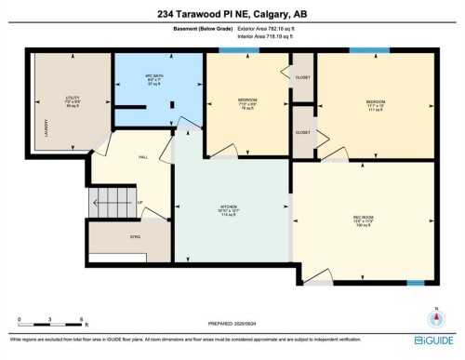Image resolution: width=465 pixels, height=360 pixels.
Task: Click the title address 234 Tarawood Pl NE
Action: (232, 13)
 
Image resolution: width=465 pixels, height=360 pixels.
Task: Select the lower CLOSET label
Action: (303, 133)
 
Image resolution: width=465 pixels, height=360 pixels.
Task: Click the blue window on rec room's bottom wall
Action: (416, 280)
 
